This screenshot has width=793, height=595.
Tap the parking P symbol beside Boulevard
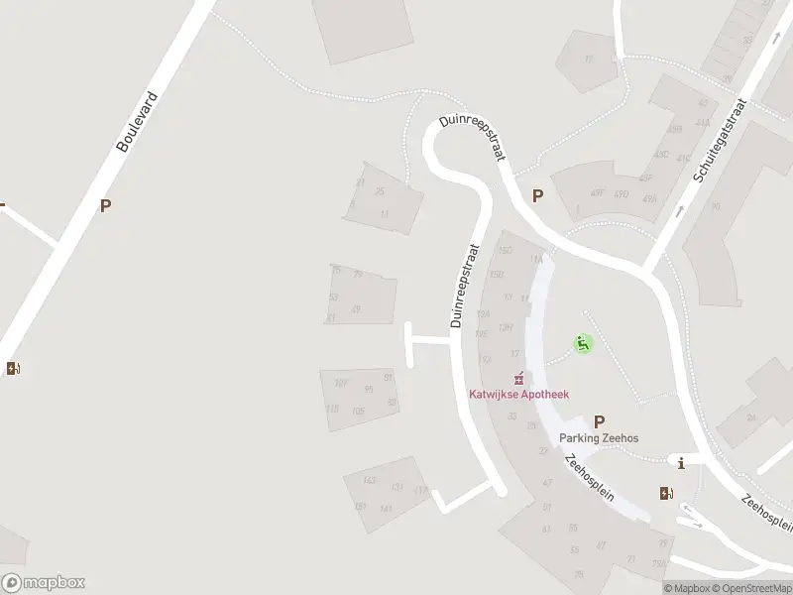click(105, 206)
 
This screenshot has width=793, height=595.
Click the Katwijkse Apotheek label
click(518, 394)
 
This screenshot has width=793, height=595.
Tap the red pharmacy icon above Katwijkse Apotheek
click(517, 378)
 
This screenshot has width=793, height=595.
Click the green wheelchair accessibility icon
click(583, 344)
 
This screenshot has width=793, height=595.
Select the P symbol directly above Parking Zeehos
click(599, 421)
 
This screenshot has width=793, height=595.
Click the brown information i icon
click(680, 462)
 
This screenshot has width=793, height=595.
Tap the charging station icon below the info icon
click(666, 493)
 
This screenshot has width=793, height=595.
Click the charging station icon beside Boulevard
click(13, 369)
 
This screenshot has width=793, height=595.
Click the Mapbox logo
click(43, 583)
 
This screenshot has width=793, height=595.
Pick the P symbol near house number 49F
click(537, 196)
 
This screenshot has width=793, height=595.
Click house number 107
click(341, 384)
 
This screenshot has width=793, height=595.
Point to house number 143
click(370, 480)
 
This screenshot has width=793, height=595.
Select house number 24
click(751, 417)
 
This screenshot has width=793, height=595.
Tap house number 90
click(715, 207)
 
